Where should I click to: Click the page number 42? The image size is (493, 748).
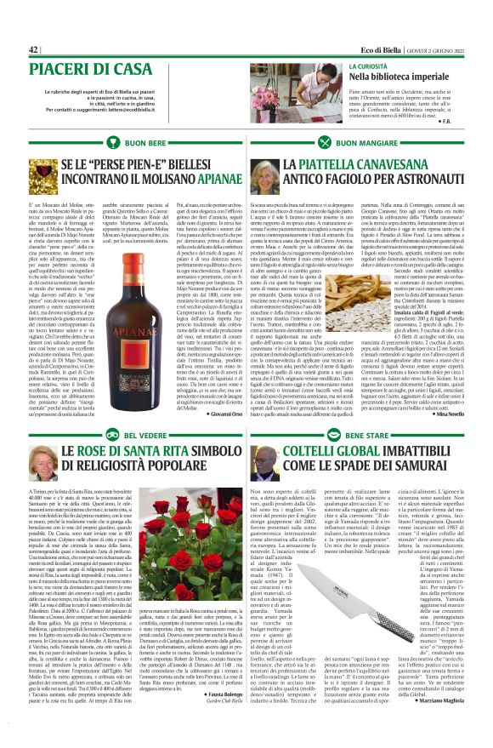(35, 50)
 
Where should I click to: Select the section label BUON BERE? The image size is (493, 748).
(146, 144)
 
